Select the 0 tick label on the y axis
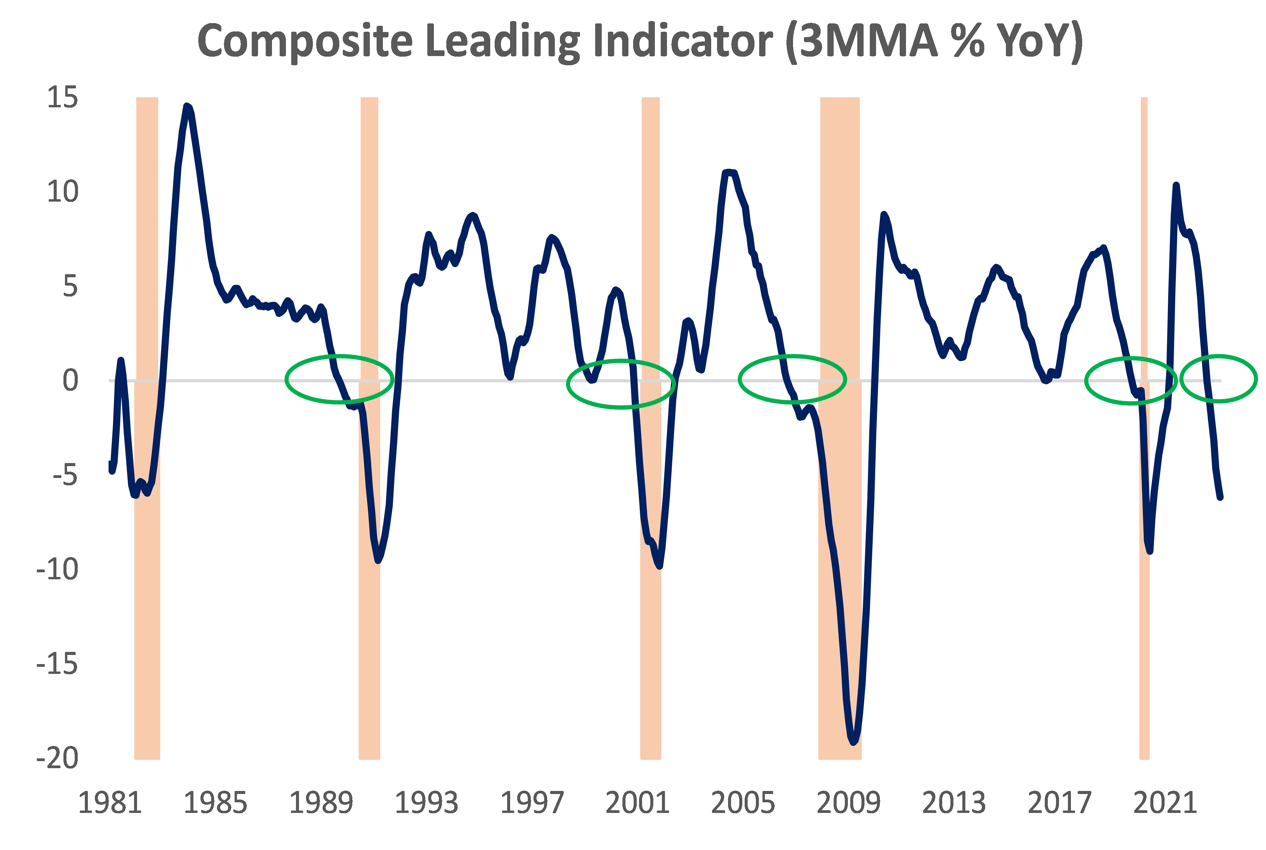click(71, 380)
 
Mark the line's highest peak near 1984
click(187, 106)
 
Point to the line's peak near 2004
click(729, 172)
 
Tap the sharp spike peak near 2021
click(1176, 185)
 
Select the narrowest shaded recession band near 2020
click(1144, 428)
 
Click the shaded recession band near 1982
click(147, 428)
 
